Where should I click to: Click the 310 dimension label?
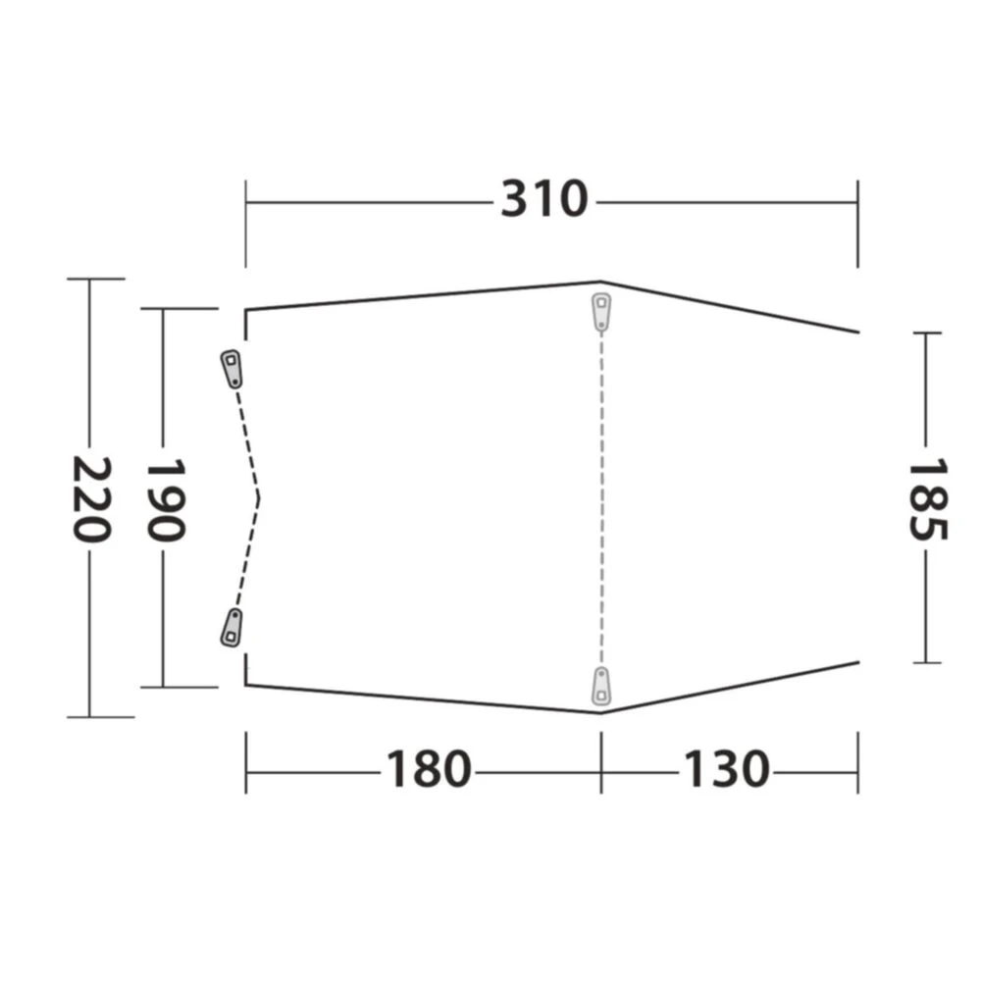pos(544,201)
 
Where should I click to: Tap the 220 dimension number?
pos(90,498)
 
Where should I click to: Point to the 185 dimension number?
pos(926,498)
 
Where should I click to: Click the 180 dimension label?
pos(428,770)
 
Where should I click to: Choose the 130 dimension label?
pos(726,770)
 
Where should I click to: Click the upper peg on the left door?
pos(232,368)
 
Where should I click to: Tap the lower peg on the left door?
pos(232,628)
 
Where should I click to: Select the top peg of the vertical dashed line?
pos(601,311)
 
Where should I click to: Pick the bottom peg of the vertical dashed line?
pos(601,686)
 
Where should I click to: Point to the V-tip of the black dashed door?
pos(259,498)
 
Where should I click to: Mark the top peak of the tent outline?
pos(601,283)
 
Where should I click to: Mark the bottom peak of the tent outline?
pos(601,713)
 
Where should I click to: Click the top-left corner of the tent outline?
pos(246,310)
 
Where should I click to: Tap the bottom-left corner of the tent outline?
pos(246,684)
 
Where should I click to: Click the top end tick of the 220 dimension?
pos(90,280)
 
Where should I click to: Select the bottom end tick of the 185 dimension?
pos(926,662)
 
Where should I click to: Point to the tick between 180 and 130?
pos(601,770)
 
